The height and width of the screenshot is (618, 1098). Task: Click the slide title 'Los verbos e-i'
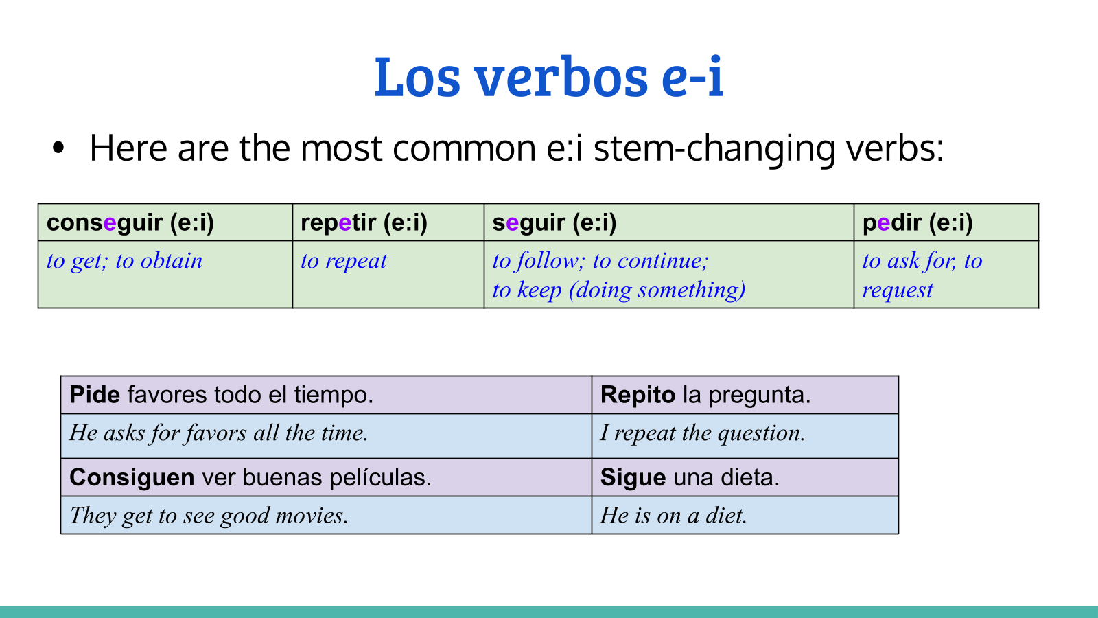(549, 77)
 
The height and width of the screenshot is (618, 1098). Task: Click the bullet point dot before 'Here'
(58, 148)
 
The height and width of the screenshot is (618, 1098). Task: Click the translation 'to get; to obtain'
(124, 261)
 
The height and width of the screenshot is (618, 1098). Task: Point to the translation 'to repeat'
(344, 261)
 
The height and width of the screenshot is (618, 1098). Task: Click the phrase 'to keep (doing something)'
(619, 290)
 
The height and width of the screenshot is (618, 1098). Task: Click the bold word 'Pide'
(95, 395)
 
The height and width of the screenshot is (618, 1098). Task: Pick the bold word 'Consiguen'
(132, 478)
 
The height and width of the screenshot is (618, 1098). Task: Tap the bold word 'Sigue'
(633, 478)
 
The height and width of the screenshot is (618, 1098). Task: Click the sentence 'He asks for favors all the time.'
(219, 433)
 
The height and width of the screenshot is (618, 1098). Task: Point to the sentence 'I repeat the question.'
(703, 433)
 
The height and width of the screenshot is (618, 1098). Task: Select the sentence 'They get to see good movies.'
(209, 516)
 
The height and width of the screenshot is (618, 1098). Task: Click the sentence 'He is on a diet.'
(673, 516)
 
